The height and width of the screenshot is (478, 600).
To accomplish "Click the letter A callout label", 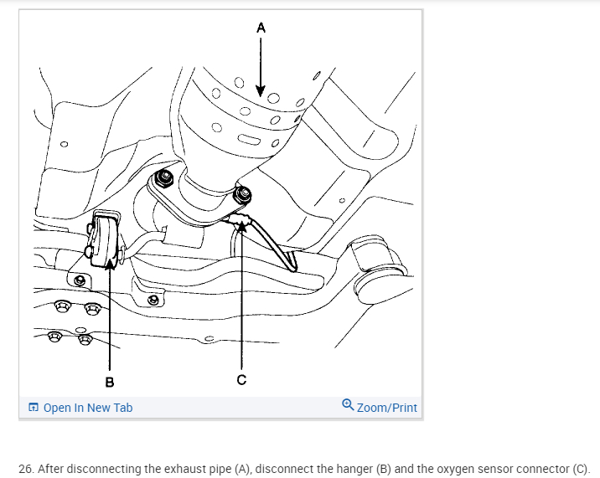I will [x=261, y=27].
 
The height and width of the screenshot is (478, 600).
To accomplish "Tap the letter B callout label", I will [x=109, y=382].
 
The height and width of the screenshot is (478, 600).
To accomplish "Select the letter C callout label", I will [x=241, y=380].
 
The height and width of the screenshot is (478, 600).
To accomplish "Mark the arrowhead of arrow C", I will [x=241, y=224].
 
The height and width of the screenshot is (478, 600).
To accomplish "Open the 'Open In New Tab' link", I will [x=87, y=408].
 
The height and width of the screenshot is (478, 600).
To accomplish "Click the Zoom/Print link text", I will [x=386, y=408].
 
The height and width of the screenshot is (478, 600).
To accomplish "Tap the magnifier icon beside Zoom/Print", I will [x=348, y=406].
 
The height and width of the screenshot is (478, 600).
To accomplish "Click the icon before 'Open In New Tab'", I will [x=34, y=408].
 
